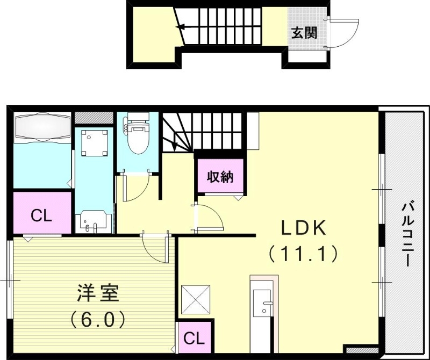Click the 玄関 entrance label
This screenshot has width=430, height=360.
[304, 33]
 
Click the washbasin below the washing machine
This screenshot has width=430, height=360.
[95, 222]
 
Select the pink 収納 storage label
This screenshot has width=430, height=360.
[221, 176]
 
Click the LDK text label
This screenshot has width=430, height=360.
[303, 228]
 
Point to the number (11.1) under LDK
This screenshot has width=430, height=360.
[303, 253]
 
